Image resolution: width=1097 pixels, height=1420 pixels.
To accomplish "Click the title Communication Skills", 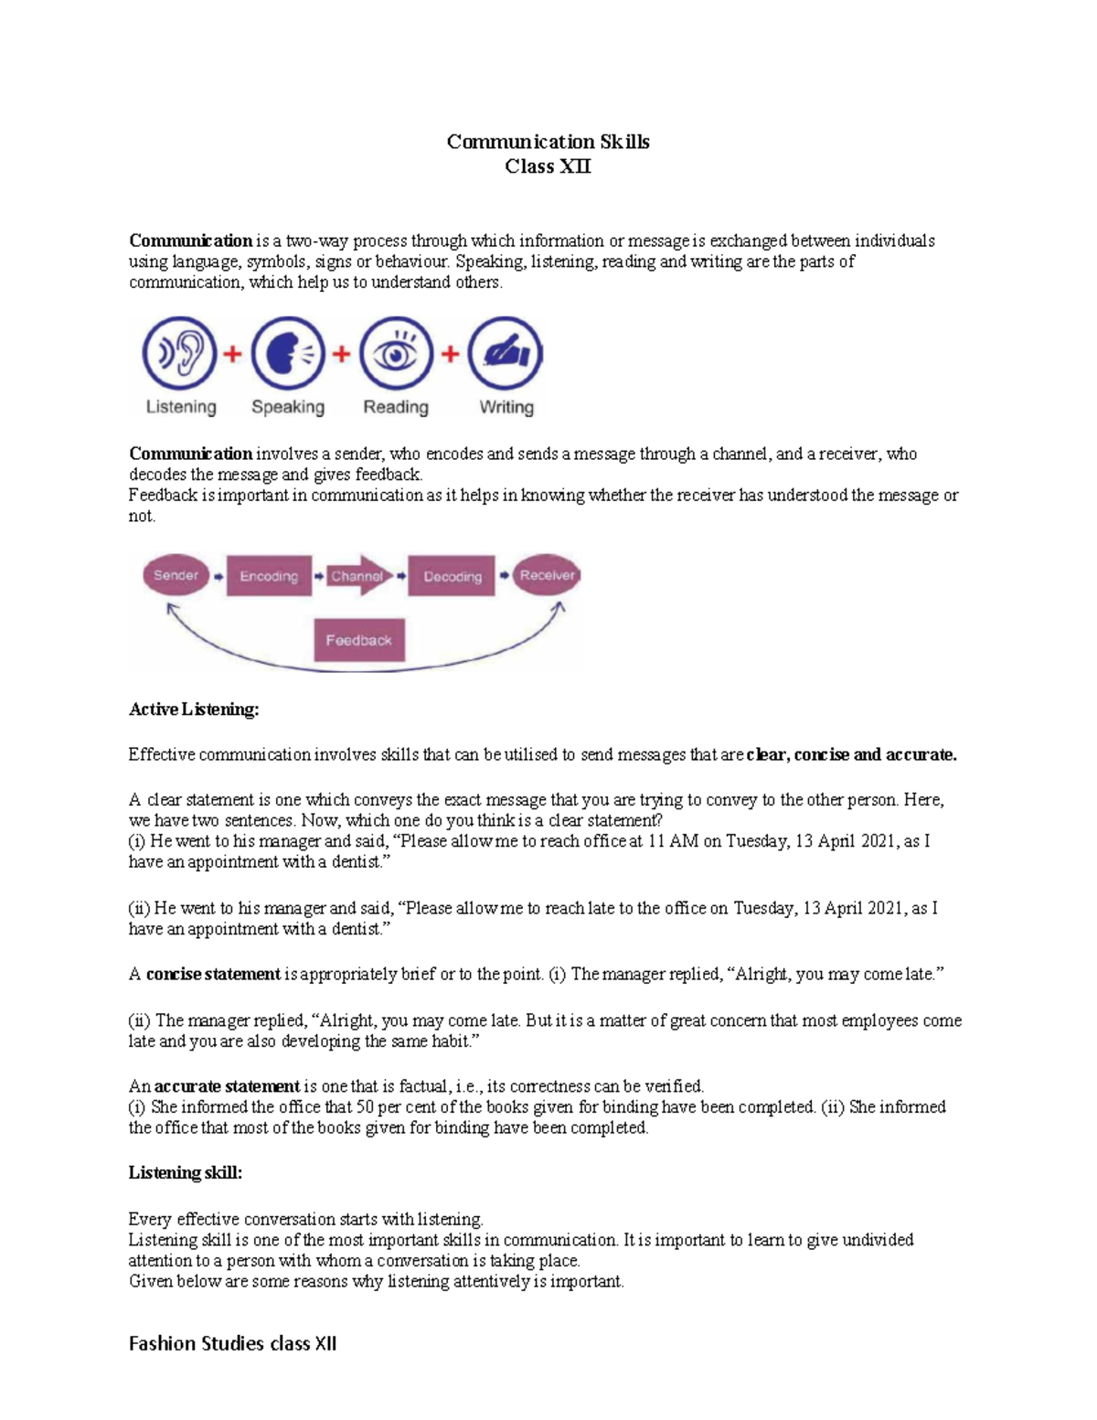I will (x=548, y=142).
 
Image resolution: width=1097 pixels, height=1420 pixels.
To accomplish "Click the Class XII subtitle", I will (x=548, y=166).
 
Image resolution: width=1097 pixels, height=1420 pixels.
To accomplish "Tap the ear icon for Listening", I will (x=180, y=354).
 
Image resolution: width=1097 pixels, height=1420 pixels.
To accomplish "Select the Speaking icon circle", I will (x=288, y=354).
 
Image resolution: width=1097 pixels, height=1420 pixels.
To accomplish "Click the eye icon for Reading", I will (x=396, y=354).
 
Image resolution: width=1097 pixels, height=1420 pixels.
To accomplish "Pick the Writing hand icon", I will (x=506, y=354).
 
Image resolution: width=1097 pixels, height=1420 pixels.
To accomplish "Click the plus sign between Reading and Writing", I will (x=450, y=354).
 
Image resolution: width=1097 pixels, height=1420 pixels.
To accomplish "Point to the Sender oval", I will (x=176, y=575).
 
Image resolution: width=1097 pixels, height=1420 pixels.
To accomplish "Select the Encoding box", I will (x=269, y=576).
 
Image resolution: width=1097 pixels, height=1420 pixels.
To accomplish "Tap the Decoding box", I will (x=452, y=576).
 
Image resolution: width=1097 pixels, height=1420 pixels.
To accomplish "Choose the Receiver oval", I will (x=547, y=575).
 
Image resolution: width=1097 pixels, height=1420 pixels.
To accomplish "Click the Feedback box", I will (x=358, y=640).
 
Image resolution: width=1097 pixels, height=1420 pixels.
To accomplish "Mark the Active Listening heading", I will (x=194, y=710).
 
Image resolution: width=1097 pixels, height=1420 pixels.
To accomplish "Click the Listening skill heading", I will (x=186, y=1173).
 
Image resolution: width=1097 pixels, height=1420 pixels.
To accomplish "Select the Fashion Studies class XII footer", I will (x=233, y=1343).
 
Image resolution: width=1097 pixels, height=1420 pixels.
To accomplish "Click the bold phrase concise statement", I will (x=213, y=975).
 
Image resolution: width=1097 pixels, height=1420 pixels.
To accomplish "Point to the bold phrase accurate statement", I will (x=227, y=1086).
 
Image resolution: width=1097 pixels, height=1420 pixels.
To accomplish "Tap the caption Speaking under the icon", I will (x=288, y=407).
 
